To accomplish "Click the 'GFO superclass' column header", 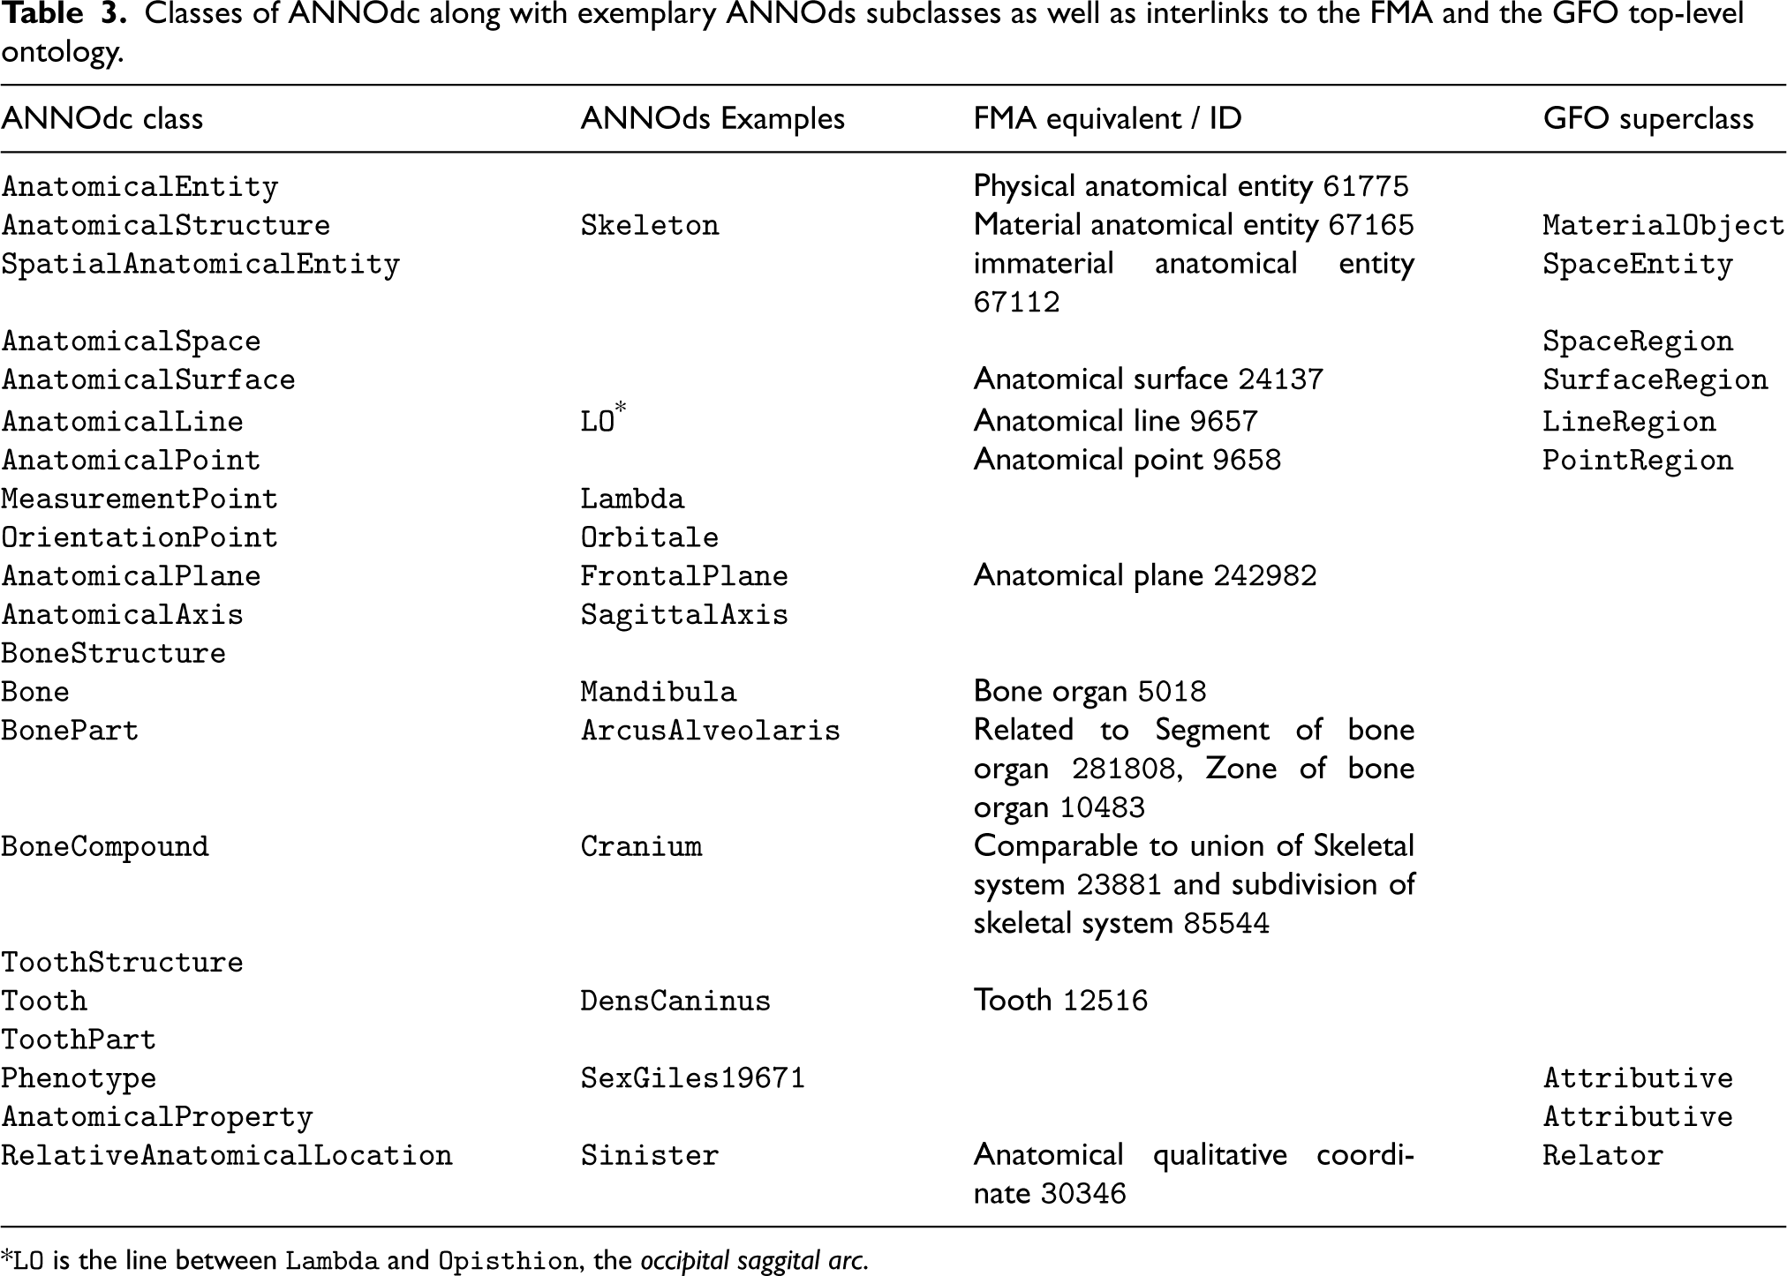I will pos(1648,119).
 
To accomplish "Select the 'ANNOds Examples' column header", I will pos(712,119).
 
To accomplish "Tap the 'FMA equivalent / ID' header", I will pos(1107,119).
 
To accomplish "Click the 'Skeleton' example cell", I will pos(649,226).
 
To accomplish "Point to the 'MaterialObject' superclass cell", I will pos(1663,226).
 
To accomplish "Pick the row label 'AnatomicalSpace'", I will pos(131,342).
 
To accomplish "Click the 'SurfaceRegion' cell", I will pos(1655,380).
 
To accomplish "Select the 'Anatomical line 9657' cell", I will pos(1115,421).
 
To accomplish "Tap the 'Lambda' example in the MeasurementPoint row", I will pos(631,499).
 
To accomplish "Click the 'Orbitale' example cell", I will pos(649,537).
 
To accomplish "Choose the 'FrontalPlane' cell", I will pos(683,576).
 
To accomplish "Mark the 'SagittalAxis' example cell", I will pos(683,615).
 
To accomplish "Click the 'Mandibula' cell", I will pos(658,692).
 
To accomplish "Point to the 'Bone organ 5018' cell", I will pos(1090,692).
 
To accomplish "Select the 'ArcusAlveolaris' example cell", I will pos(710,731).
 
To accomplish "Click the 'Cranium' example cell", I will pos(640,847).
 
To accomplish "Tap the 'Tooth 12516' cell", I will pos(1060,1001).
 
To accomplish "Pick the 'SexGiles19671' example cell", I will pos(692,1078).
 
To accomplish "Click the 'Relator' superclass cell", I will pos(1602,1156).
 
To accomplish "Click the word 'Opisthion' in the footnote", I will pos(508,1261).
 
